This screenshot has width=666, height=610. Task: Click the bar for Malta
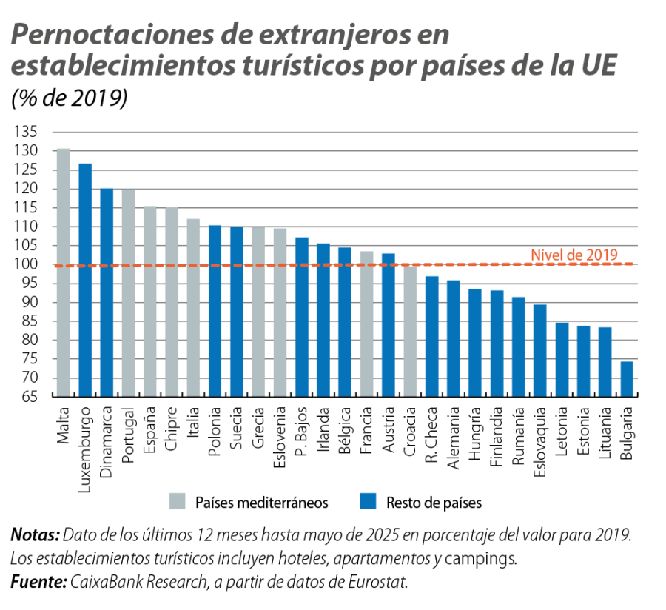click(x=64, y=272)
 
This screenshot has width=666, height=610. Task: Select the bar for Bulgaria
click(x=626, y=379)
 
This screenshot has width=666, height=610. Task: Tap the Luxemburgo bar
click(x=85, y=280)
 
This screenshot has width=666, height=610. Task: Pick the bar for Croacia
click(x=409, y=331)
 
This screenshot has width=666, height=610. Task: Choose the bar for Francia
click(x=366, y=324)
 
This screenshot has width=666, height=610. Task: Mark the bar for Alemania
click(x=453, y=338)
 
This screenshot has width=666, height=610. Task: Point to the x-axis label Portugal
click(x=128, y=432)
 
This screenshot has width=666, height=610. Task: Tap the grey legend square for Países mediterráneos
click(x=177, y=502)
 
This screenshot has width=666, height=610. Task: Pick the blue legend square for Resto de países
click(x=367, y=502)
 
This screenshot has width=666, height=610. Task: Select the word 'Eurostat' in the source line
click(x=380, y=582)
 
